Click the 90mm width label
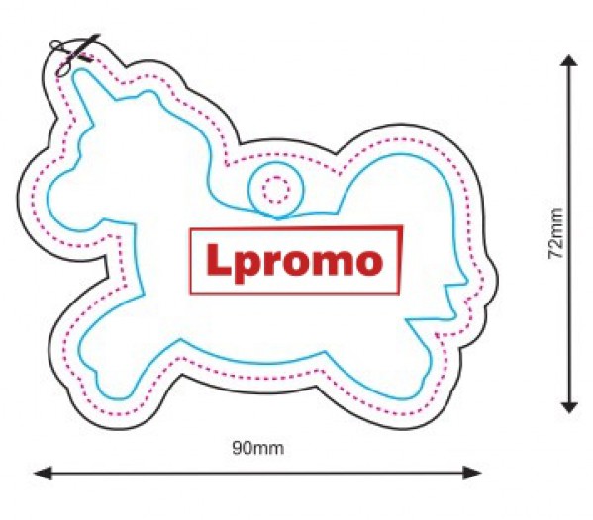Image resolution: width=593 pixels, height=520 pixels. [258, 448]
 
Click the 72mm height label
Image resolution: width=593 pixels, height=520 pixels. [556, 233]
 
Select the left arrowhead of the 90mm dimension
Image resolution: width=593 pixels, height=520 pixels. [43, 473]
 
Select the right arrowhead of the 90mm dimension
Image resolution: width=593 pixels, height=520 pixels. [473, 473]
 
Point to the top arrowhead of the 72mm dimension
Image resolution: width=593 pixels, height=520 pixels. [569, 61]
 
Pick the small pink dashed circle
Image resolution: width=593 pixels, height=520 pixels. [276, 189]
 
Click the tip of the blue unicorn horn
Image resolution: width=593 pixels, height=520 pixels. [78, 72]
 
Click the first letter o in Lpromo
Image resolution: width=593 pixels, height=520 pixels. [296, 262]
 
